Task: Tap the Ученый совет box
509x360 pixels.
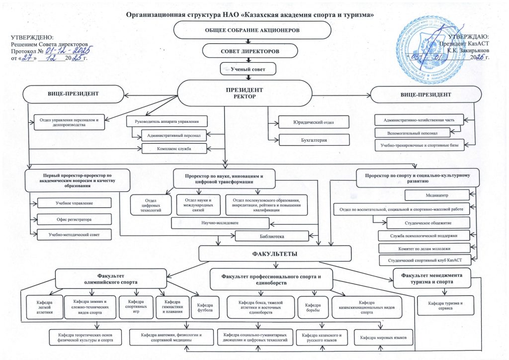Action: tap(247, 69)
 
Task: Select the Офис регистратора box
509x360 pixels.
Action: tap(74, 219)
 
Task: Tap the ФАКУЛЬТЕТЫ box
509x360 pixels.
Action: tap(275, 254)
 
